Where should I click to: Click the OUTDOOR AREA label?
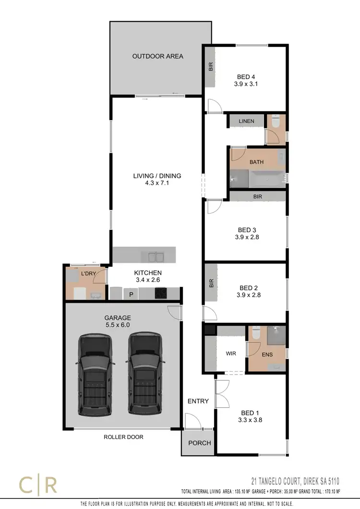pos(157,56)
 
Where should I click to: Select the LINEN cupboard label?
pos(246,121)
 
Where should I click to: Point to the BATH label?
pos(256,162)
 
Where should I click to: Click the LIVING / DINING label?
pos(157,176)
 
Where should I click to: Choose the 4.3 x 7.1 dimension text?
pos(157,184)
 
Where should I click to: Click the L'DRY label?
pos(89,273)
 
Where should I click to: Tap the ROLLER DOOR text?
pos(123,437)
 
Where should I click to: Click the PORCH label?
pos(199,443)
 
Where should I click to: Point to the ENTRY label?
pos(198,401)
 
